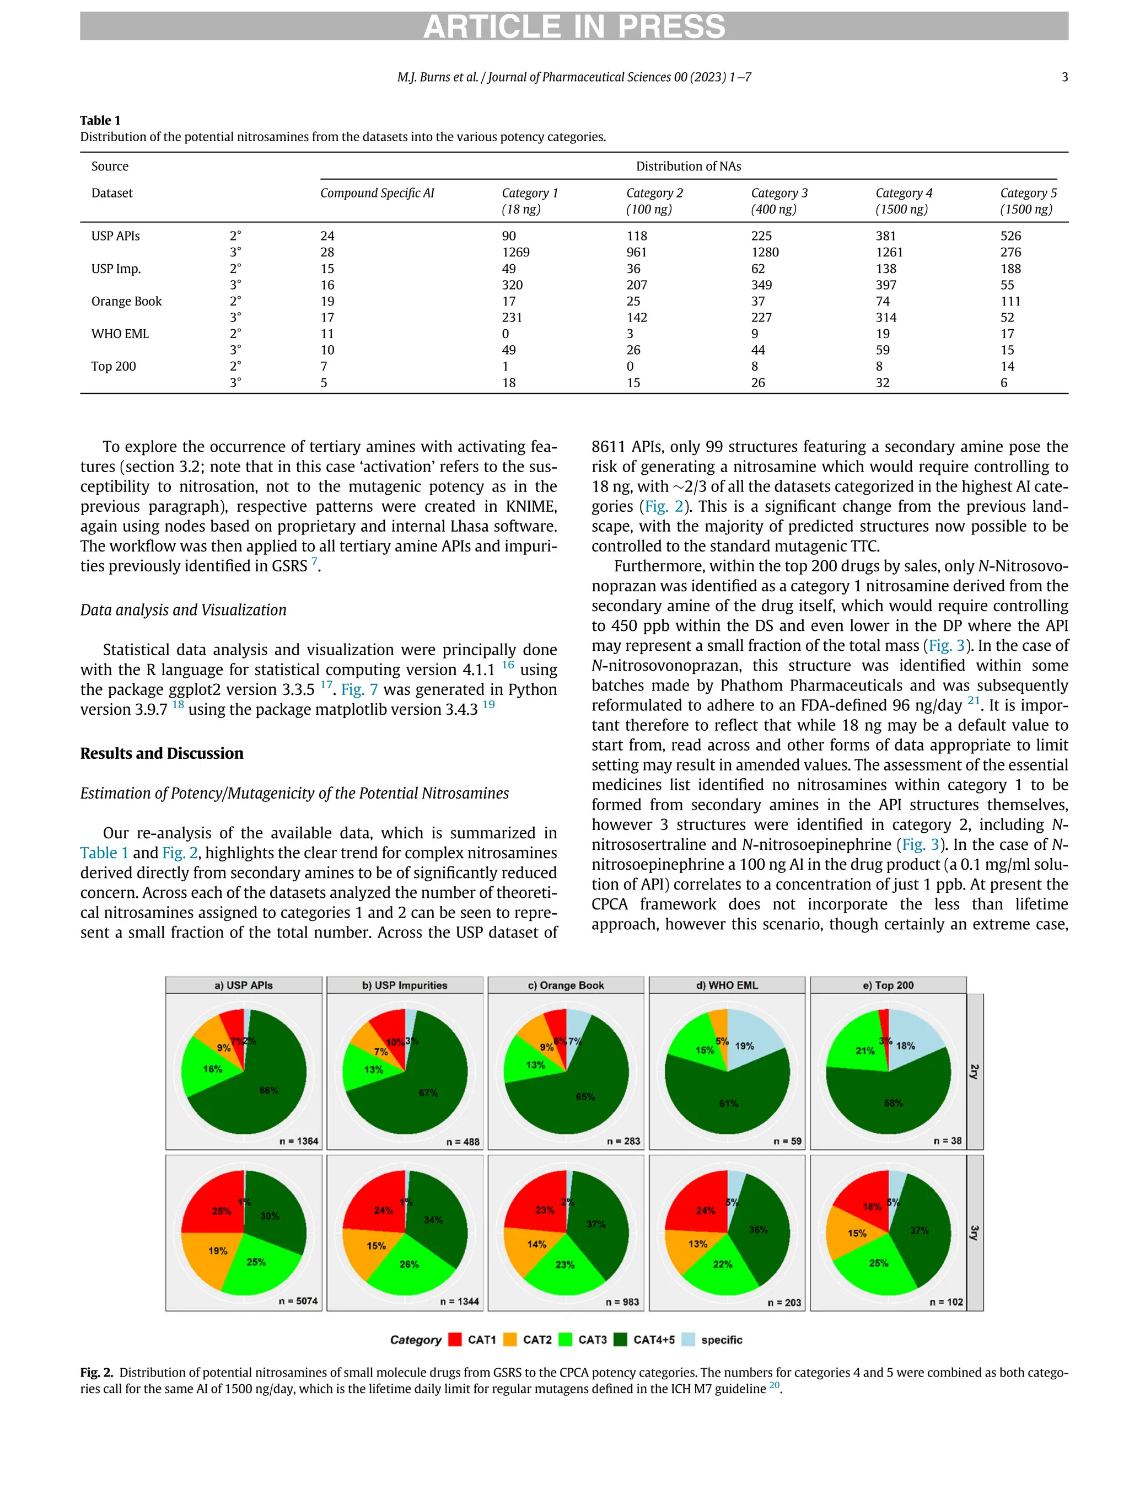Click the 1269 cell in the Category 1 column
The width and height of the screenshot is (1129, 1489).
515,253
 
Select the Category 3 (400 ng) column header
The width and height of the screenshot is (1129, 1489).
779,201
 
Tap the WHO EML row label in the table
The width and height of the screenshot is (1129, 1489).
120,334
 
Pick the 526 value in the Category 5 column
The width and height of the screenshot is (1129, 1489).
1010,236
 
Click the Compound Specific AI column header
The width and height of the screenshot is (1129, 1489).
377,193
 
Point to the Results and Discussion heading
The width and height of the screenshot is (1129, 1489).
162,753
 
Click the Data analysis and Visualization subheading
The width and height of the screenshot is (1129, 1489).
183,610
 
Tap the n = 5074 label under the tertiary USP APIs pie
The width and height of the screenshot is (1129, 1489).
298,1301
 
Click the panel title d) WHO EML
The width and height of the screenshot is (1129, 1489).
727,985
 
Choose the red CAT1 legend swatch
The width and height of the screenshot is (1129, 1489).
455,1340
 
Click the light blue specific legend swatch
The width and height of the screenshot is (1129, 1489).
687,1340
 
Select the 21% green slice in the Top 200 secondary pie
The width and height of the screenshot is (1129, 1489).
856,1047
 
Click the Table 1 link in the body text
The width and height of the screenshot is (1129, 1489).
104,853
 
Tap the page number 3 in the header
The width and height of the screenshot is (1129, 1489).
1065,77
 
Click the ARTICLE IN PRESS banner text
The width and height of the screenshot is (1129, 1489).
574,27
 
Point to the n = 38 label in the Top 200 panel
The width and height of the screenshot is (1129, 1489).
947,1141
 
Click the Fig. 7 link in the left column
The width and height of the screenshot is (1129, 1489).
359,690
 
